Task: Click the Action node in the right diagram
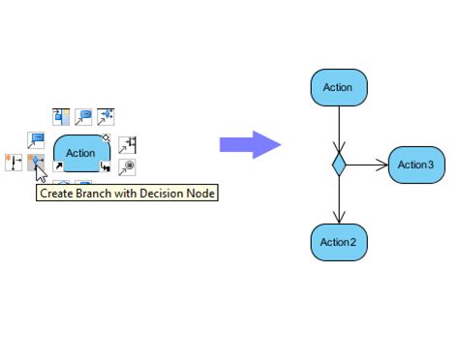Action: point(338,87)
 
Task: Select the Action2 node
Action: point(338,242)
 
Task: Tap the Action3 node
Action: point(415,165)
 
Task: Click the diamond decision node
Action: point(338,165)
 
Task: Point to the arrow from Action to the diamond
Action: point(338,126)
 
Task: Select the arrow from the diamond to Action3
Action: point(368,165)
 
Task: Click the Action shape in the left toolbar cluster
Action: point(80,152)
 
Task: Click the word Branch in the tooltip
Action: point(89,194)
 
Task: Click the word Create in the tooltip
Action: point(54,194)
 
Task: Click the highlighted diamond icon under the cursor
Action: point(36,163)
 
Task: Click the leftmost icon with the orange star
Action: point(14,163)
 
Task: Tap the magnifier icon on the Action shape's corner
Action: point(106,137)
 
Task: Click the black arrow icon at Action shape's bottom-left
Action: point(58,167)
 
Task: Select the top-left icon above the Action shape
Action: point(60,117)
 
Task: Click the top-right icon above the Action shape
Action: point(107,117)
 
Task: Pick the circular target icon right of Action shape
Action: point(128,167)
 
